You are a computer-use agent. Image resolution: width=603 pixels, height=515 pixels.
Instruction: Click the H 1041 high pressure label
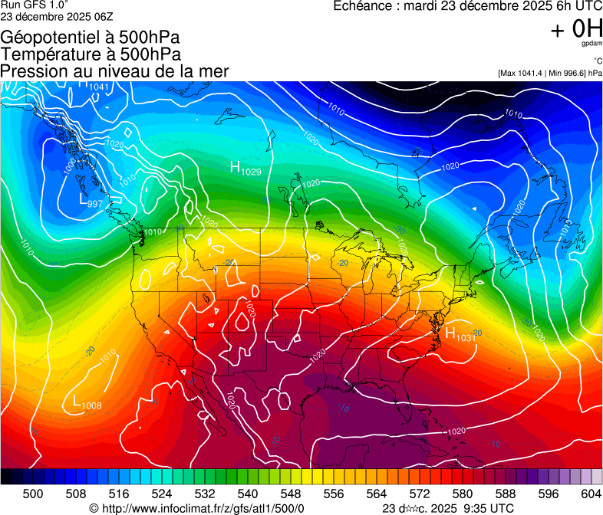point(93,84)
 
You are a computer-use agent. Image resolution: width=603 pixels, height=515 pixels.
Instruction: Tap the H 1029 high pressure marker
point(245,168)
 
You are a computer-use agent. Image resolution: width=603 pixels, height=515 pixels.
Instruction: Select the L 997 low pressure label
point(91,201)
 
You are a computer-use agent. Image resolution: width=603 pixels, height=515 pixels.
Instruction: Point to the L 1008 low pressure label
point(87,402)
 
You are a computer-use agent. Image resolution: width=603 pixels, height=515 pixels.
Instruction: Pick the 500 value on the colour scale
point(33,494)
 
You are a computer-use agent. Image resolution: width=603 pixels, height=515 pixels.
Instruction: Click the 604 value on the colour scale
point(591,494)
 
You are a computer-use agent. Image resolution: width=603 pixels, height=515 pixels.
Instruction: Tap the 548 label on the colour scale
point(290,494)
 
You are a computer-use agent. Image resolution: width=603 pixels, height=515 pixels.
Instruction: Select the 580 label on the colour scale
point(462,494)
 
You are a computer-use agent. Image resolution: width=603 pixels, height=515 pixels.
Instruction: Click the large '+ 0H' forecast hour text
point(576,29)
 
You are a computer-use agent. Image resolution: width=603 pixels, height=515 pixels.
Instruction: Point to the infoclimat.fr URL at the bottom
point(196,508)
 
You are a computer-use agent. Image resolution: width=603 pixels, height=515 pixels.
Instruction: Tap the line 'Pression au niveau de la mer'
point(114,71)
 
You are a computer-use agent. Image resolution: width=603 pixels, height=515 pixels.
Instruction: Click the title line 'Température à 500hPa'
point(91,54)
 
